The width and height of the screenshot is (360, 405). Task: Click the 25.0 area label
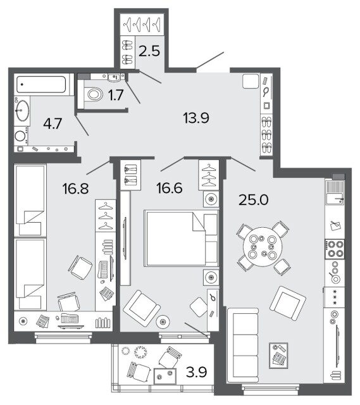253,200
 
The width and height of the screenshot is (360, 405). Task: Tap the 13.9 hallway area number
196,118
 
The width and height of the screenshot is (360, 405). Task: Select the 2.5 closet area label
149,51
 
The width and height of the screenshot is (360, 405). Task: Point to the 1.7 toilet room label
116,95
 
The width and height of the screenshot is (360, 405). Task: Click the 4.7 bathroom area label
53,123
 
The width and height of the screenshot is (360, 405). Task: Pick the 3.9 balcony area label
196,372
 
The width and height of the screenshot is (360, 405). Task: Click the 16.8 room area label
75,189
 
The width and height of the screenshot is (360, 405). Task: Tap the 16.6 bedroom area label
170,188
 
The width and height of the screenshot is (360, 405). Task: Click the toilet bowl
94,94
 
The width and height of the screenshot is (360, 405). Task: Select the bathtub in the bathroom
41,84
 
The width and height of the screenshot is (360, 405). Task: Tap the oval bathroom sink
23,111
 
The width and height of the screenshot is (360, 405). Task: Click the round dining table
263,247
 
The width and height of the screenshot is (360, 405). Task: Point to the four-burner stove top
335,249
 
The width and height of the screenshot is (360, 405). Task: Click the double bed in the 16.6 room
182,238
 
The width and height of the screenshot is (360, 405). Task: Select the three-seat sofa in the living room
243,345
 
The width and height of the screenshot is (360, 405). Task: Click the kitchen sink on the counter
335,192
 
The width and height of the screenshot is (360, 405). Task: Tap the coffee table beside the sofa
278,356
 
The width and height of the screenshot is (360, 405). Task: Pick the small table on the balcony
165,377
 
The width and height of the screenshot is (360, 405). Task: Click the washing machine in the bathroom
21,135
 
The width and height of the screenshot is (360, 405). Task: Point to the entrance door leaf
210,60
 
